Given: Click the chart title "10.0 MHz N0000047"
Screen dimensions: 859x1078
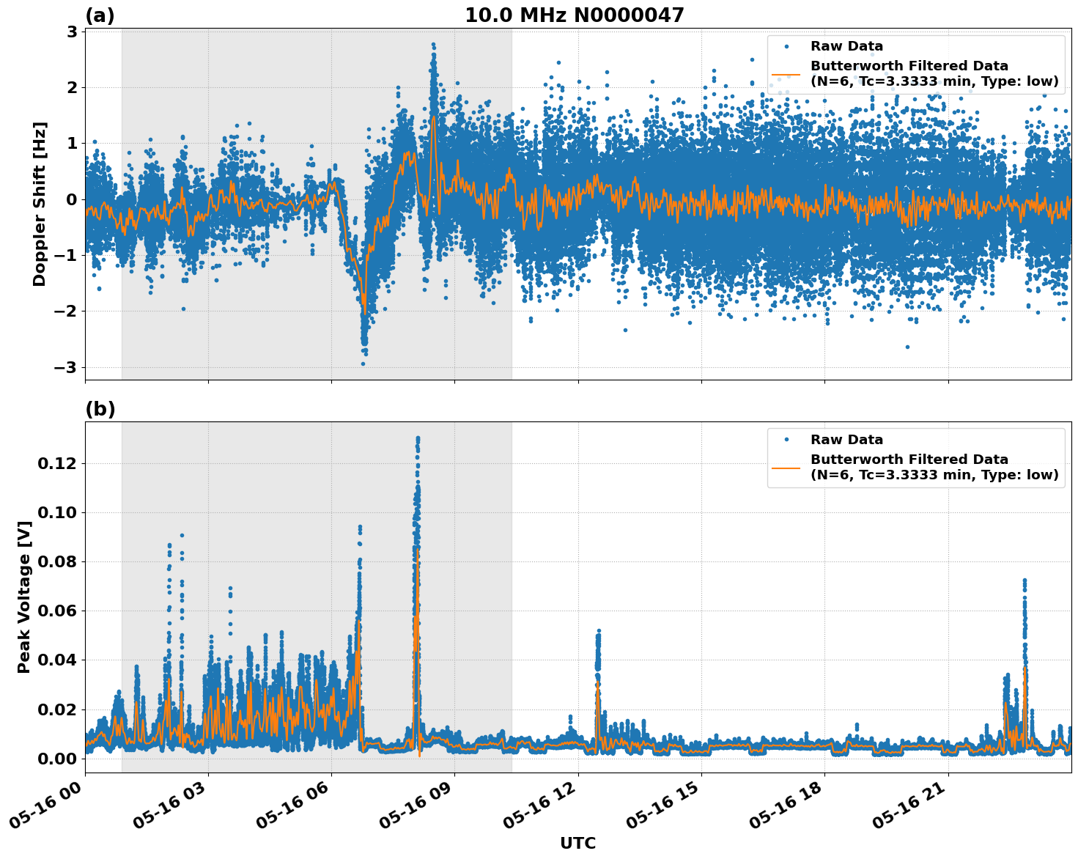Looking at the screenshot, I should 574,15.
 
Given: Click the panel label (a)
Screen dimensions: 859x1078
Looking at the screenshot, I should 100,15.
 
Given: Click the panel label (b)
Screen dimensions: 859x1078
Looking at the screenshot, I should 100,409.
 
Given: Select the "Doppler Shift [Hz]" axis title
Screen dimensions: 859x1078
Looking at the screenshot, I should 40,204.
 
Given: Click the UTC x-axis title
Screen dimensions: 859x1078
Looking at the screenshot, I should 577,844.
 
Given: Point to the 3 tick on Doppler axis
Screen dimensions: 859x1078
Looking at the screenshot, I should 72,32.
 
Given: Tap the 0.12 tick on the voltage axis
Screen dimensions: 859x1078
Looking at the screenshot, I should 57,463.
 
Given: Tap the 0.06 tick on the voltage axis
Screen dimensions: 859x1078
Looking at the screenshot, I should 57,611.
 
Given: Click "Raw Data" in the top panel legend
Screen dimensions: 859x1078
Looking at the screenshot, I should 846,46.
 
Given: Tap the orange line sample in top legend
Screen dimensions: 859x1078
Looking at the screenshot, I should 786,73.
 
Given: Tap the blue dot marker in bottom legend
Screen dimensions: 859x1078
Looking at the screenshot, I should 786,440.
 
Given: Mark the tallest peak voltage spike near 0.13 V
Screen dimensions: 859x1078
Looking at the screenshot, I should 418,438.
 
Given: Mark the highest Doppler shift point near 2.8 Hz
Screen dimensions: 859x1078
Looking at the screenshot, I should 433,45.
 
